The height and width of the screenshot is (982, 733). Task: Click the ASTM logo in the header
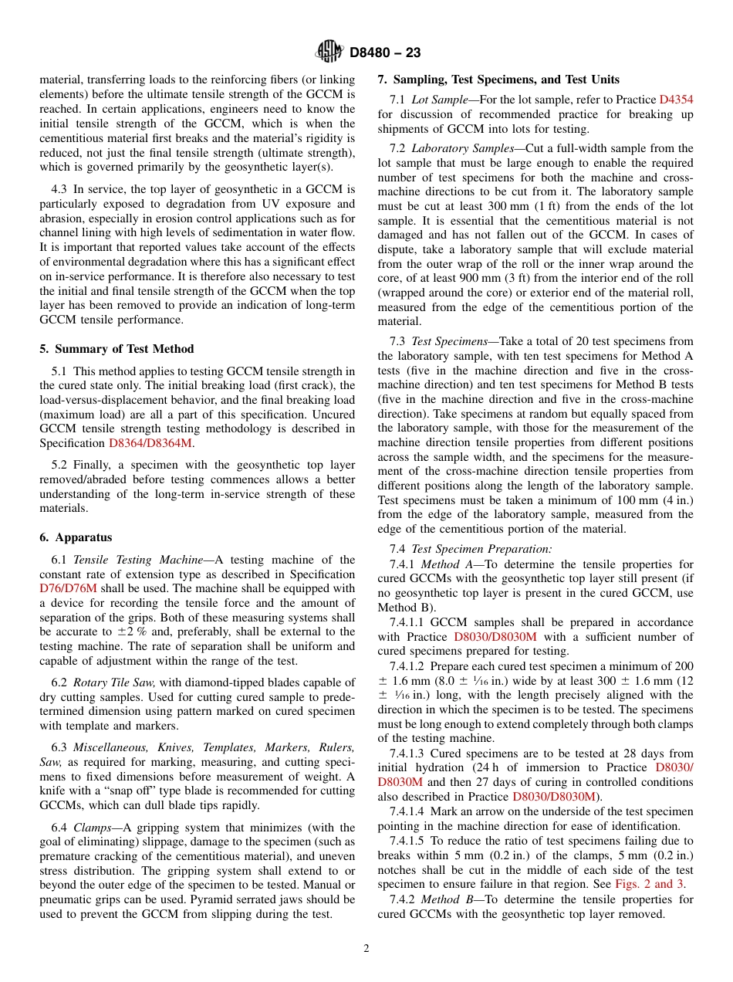[330, 52]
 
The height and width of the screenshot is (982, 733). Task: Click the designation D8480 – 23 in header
[385, 53]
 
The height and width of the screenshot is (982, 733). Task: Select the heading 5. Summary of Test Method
[117, 349]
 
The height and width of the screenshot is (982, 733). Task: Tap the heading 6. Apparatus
[76, 537]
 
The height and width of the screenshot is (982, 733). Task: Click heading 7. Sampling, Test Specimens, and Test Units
[498, 80]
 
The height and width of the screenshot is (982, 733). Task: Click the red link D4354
[676, 100]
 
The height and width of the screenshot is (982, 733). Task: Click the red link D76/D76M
[68, 588]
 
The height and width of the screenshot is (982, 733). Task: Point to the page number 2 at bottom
[366, 949]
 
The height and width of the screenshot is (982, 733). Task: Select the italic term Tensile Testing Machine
[127, 560]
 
